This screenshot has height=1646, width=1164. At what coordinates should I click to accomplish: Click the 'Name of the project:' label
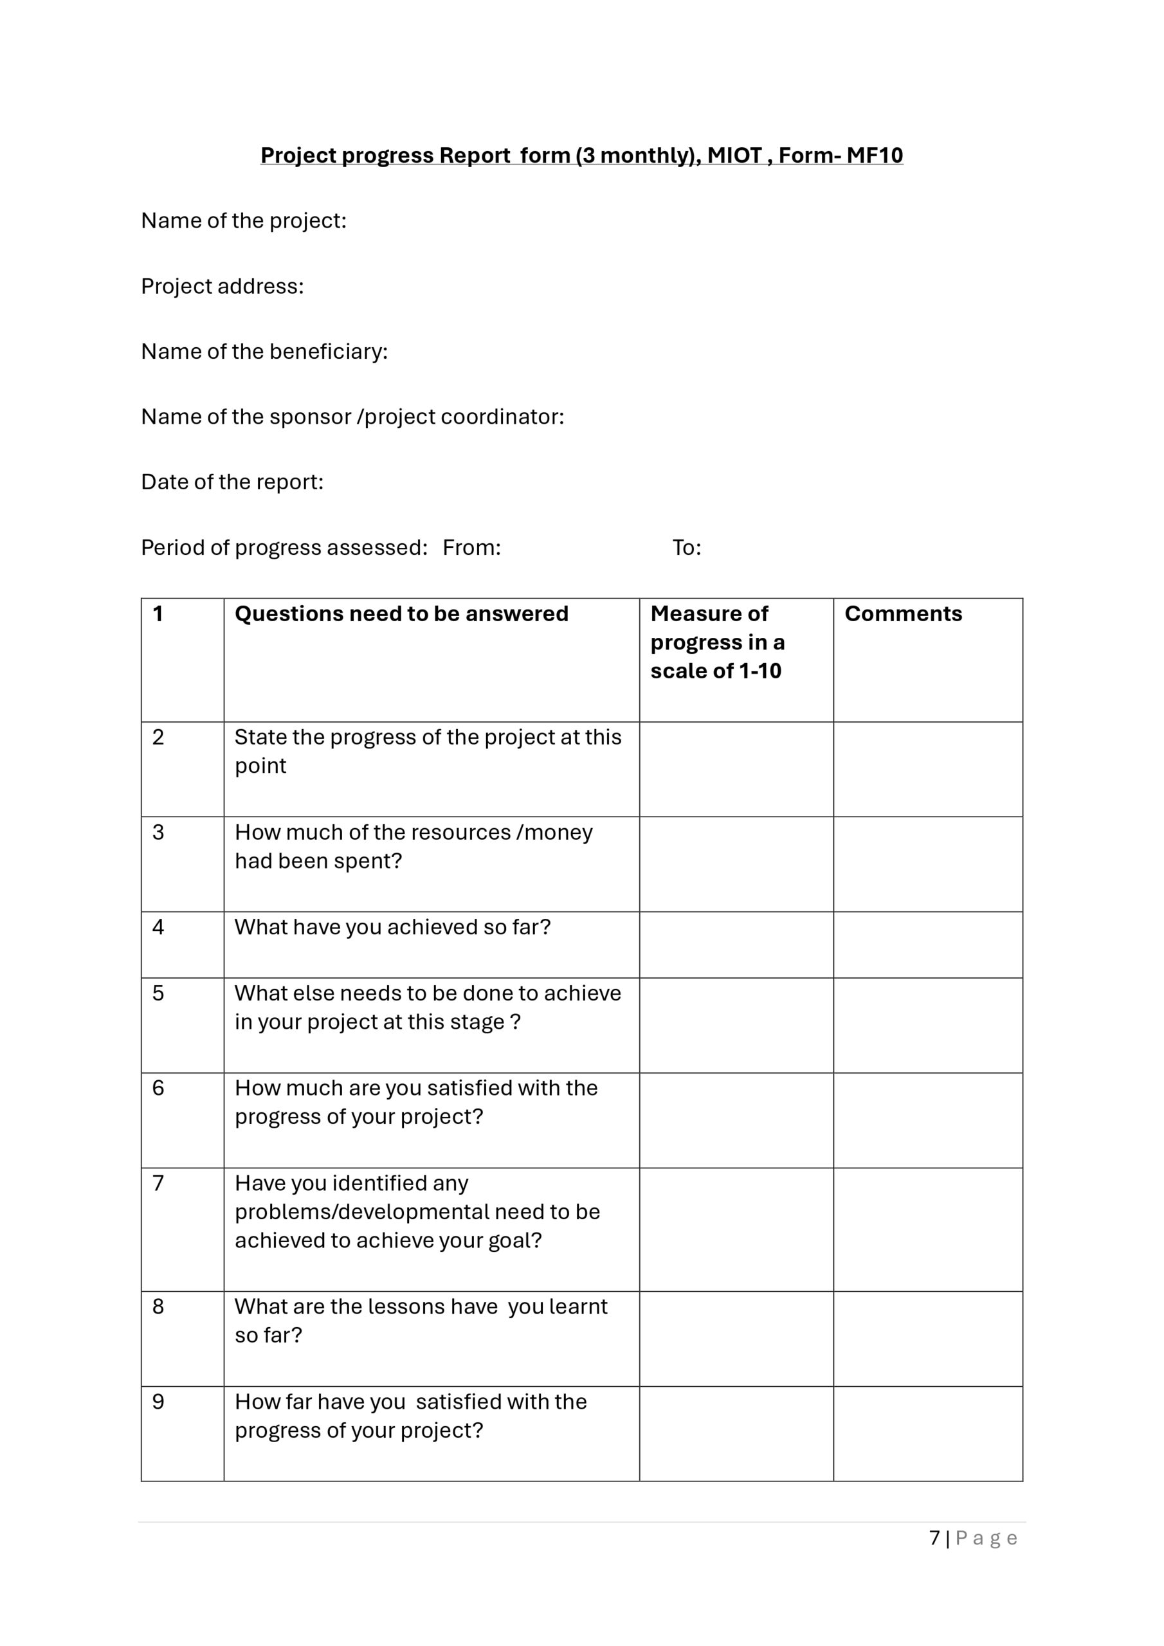243,221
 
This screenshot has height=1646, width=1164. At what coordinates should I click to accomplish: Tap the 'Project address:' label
223,286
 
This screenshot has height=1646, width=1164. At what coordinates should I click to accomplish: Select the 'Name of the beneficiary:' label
264,351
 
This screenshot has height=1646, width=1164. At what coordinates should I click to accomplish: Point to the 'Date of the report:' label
232,482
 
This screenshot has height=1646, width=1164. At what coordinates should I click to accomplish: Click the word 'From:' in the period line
471,548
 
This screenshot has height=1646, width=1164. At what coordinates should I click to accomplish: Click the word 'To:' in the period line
686,548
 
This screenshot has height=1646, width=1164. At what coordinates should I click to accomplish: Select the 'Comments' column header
903,613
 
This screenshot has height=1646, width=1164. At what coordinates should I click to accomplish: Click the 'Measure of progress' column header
717,642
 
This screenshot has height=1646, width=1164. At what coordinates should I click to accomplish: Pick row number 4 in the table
158,927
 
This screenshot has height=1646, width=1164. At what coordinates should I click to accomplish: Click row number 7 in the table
158,1183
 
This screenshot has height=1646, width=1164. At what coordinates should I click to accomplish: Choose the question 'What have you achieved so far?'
392,927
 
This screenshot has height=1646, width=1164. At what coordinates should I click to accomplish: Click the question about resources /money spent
413,846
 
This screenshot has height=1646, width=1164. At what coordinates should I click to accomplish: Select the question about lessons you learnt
421,1321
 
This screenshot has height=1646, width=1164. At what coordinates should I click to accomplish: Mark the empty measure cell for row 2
736,768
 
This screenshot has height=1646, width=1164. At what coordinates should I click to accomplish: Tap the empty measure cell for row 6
736,1120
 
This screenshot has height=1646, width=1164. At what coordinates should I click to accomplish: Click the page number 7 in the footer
934,1538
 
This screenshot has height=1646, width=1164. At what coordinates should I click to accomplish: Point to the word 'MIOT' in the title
734,156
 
